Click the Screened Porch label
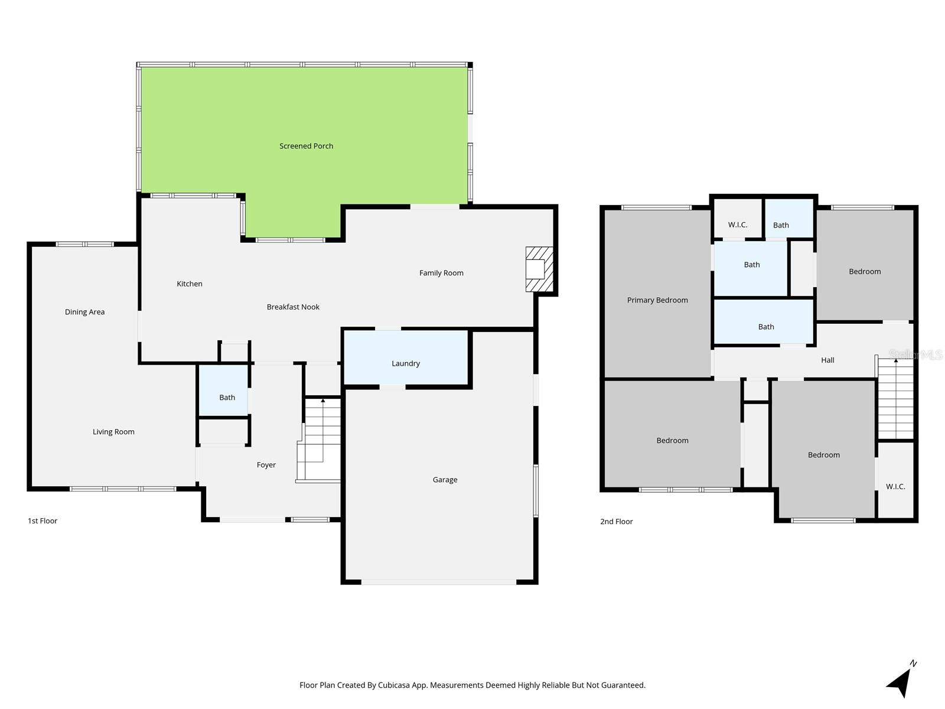click(306, 146)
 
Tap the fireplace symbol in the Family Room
click(539, 269)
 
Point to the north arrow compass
click(900, 681)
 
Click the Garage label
click(445, 480)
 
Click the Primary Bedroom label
click(657, 300)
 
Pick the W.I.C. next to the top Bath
click(737, 225)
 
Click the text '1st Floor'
click(43, 521)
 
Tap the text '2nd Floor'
click(616, 521)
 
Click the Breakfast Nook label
click(293, 307)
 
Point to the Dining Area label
click(84, 312)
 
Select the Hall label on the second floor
click(827, 360)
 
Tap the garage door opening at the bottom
click(438, 582)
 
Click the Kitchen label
click(190, 284)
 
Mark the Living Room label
click(113, 432)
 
